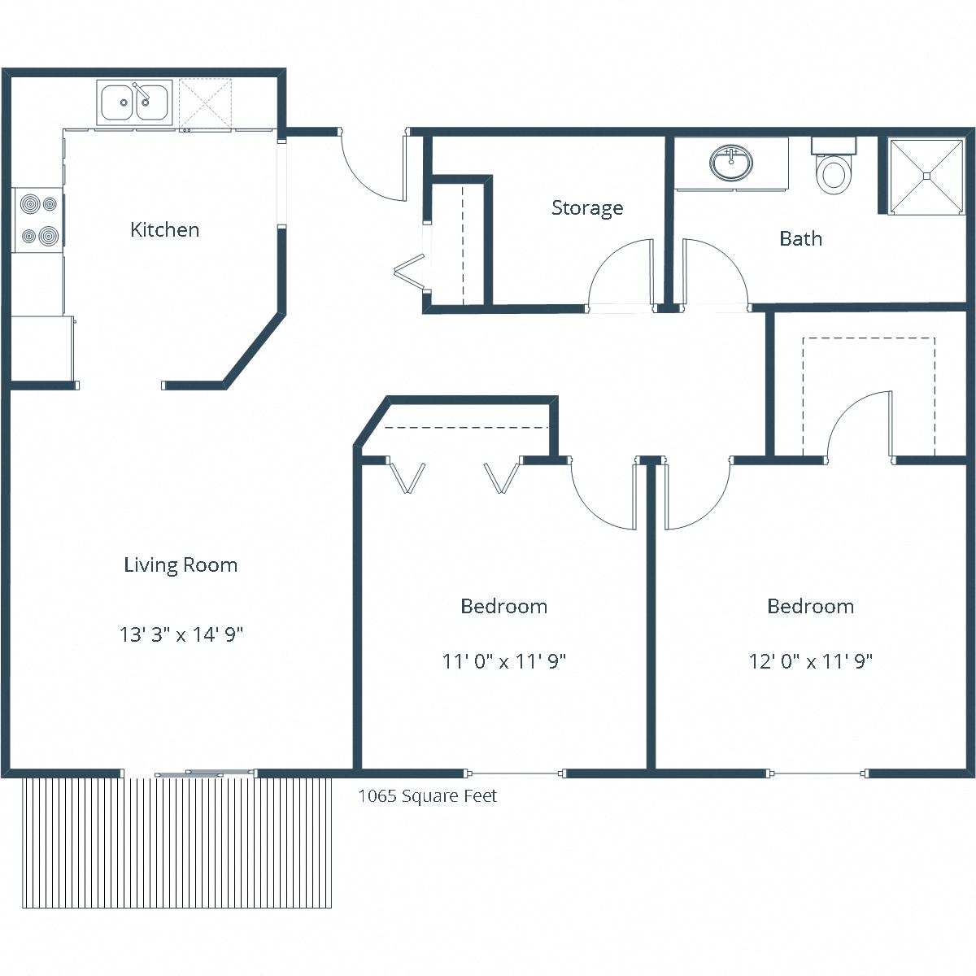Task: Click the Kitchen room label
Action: pyautogui.click(x=164, y=230)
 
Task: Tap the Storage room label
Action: pyautogui.click(x=587, y=208)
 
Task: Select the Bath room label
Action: pyautogui.click(x=800, y=239)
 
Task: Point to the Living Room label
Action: pyautogui.click(x=181, y=565)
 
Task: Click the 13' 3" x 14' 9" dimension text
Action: pyautogui.click(x=181, y=634)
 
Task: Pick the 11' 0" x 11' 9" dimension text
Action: pyautogui.click(x=503, y=661)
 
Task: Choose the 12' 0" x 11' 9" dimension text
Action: pyautogui.click(x=810, y=661)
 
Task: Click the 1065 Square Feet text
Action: pyautogui.click(x=428, y=796)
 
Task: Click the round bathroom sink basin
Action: pyautogui.click(x=731, y=163)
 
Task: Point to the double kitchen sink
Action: pyautogui.click(x=134, y=102)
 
